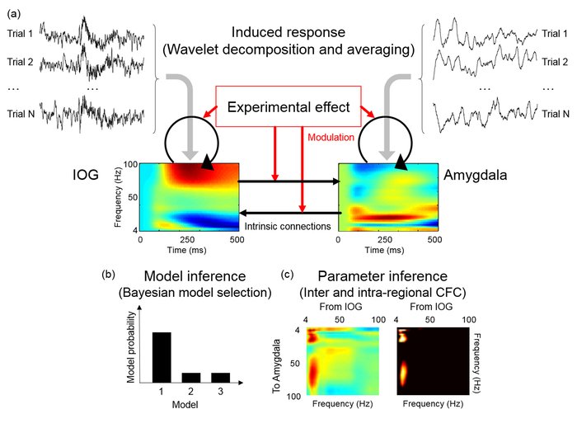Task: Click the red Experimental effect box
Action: click(288, 107)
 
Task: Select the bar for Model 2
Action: click(191, 377)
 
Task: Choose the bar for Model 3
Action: click(219, 377)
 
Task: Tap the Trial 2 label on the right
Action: click(552, 62)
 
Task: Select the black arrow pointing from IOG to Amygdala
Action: click(288, 179)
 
